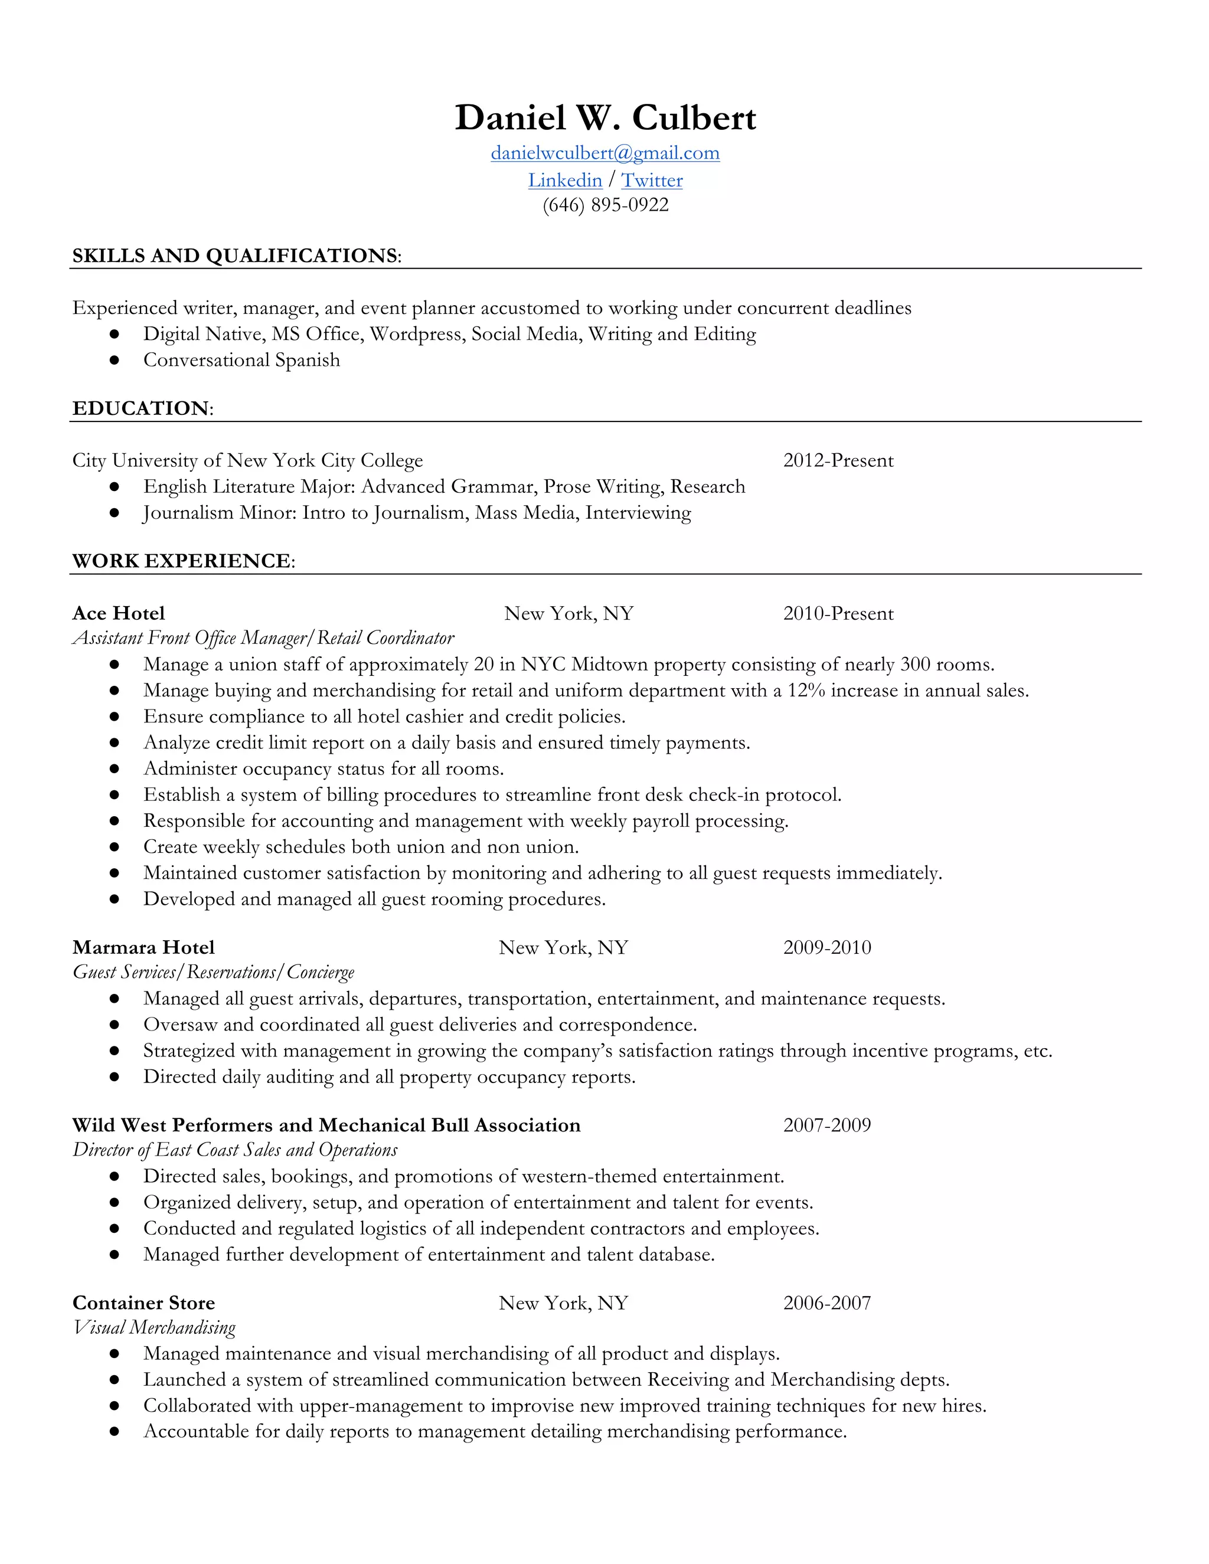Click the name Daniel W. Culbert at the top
(605, 117)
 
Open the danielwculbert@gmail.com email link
(605, 153)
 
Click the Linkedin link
(565, 181)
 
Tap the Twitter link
(652, 181)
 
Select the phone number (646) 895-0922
(605, 205)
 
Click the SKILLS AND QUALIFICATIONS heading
(236, 256)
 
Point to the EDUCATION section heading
(142, 408)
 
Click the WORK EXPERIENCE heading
(182, 561)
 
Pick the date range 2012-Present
(838, 460)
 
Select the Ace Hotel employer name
(119, 614)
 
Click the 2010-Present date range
(838, 614)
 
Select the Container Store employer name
(143, 1303)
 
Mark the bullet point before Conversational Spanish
(114, 360)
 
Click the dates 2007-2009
(827, 1125)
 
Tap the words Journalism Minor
(219, 513)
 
